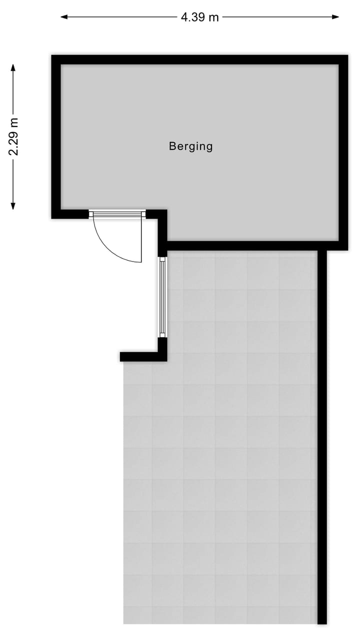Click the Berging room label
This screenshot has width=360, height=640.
pos(190,146)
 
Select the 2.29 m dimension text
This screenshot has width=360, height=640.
pos(14,136)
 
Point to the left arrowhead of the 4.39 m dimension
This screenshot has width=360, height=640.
pos(63,17)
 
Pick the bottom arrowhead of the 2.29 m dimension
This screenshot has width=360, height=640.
pos(13,206)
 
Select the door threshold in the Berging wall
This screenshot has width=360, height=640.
pos(117,214)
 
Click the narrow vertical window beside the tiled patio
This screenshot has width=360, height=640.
pos(162,297)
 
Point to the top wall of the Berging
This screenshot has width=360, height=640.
pos(200,59)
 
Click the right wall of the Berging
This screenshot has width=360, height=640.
pos(343,150)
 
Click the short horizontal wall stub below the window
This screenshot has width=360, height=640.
pos(140,356)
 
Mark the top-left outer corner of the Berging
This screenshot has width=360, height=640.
pos(52,56)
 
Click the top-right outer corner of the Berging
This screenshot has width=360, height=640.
pos(347,56)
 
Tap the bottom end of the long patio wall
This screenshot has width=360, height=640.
pos(322,621)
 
